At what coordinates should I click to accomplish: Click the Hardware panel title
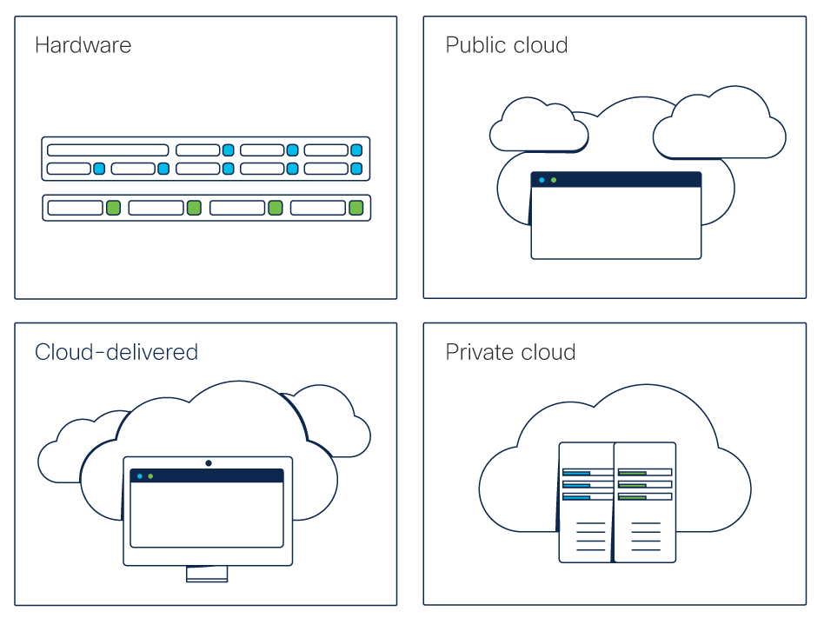83,45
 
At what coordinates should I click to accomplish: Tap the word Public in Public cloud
475,45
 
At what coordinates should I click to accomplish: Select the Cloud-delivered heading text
116,352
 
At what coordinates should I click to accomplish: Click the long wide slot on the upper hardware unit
108,150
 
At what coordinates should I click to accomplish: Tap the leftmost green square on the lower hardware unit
113,208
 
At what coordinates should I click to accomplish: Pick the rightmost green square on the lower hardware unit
356,208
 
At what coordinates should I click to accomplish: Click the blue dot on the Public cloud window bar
542,180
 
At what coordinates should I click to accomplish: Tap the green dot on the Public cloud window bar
554,180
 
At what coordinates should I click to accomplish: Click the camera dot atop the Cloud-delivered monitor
209,462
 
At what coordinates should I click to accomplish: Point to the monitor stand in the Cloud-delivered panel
207,575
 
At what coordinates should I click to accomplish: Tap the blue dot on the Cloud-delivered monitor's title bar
139,476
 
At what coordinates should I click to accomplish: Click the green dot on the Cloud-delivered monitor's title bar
150,476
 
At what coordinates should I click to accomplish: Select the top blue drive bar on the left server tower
577,473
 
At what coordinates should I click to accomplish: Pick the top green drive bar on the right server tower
632,473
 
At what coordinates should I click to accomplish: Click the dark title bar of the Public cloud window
626,180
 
